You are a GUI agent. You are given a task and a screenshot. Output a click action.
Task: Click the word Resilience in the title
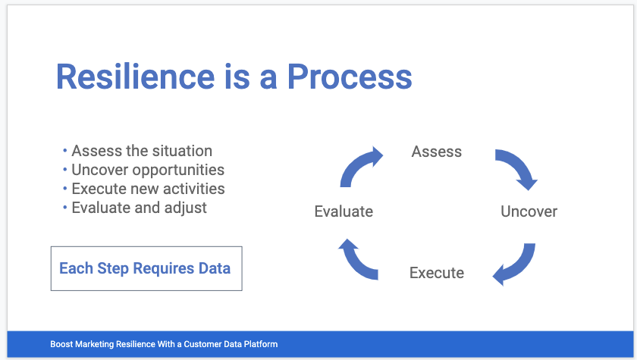[x=135, y=77]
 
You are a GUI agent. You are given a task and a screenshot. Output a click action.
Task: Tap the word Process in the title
[x=350, y=77]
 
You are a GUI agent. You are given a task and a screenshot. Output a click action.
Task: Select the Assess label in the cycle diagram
[x=437, y=152]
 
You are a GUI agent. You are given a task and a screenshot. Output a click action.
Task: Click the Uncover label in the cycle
[x=529, y=211]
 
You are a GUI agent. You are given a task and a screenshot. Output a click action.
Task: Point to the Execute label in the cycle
[x=437, y=273]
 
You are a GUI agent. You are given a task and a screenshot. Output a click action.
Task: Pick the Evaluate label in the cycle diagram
[x=344, y=211]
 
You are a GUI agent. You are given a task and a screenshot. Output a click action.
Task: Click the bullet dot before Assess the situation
[x=65, y=151]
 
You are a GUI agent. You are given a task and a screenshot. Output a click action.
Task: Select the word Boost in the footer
[x=61, y=344]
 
